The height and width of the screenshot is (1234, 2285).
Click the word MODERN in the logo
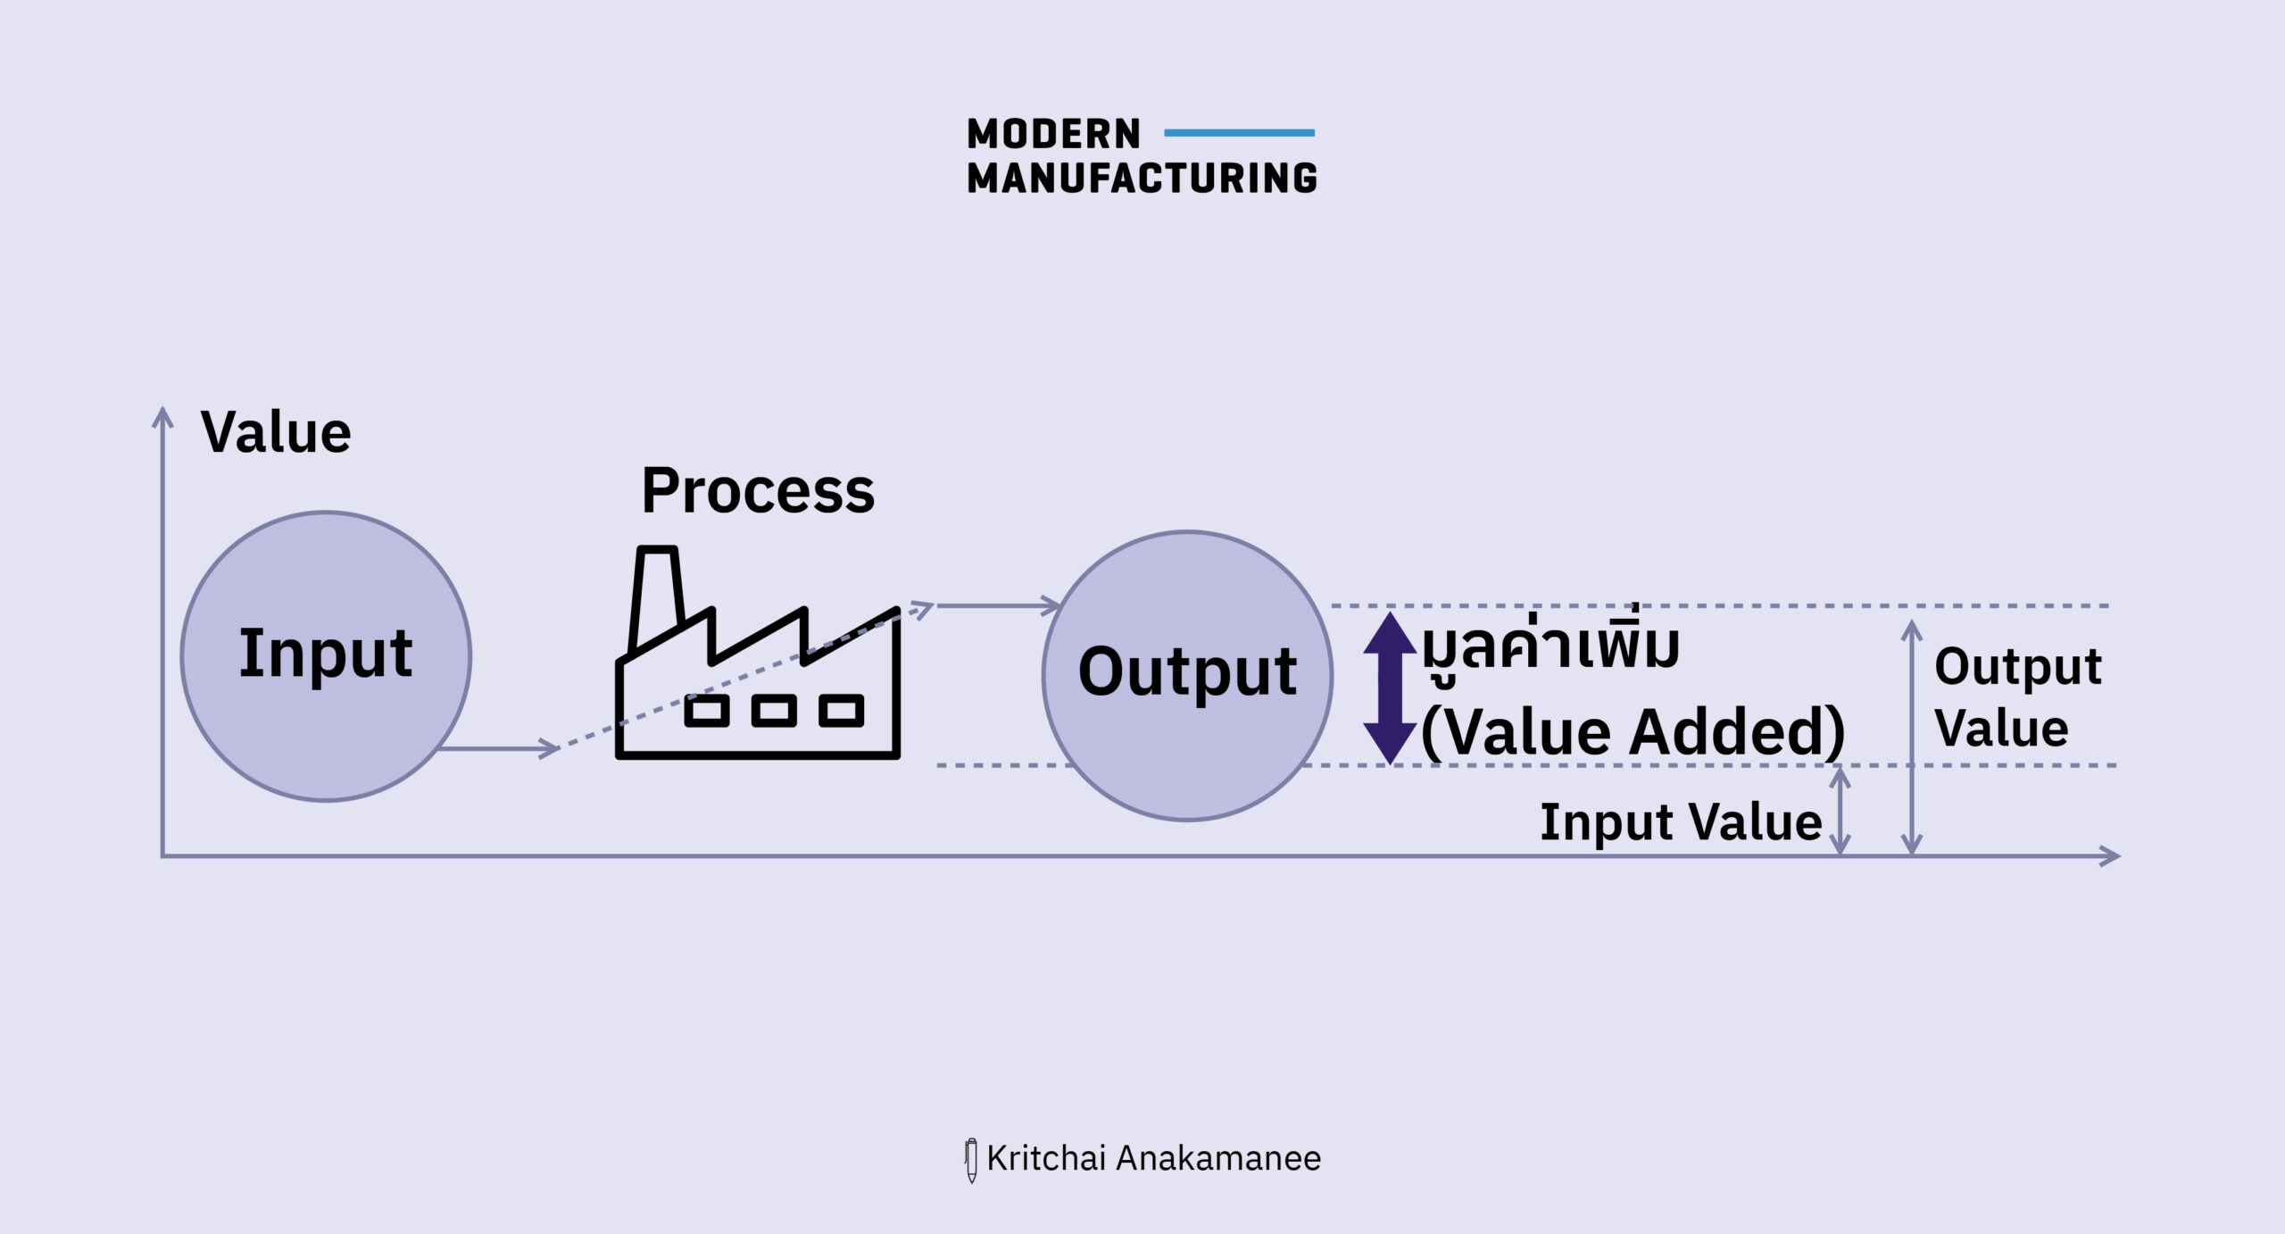coord(1053,134)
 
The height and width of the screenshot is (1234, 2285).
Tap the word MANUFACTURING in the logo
coord(1142,179)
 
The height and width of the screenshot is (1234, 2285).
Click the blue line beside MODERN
coord(1239,133)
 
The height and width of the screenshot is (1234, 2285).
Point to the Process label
coord(758,491)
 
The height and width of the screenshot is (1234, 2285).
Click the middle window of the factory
coord(774,711)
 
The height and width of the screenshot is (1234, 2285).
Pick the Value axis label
coord(276,433)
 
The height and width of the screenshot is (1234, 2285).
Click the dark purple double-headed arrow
coord(1390,688)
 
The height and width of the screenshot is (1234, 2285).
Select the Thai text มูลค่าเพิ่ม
coord(1551,645)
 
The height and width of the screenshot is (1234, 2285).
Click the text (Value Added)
coord(1632,732)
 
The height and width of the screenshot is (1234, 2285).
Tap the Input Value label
coord(1681,821)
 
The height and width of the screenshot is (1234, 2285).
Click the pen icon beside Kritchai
coord(971,1160)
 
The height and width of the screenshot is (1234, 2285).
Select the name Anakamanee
coord(1218,1158)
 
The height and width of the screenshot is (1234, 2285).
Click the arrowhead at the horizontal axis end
coord(2110,855)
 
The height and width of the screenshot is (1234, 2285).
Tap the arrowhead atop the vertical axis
coord(162,418)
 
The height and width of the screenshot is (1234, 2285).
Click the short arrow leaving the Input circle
coord(500,748)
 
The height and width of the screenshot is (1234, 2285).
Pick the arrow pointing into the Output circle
coord(1000,605)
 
